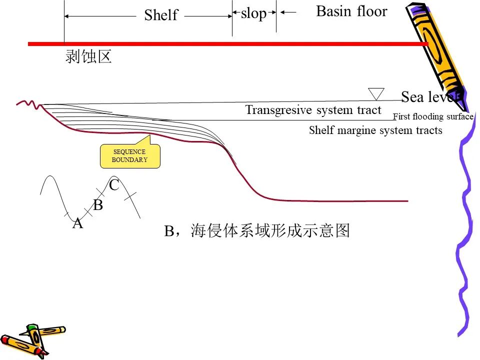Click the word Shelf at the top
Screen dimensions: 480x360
click(161, 14)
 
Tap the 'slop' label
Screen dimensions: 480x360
click(254, 14)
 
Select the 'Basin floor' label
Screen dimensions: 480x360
click(351, 11)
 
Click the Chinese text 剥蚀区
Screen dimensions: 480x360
click(88, 56)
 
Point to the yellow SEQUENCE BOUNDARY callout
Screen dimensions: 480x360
click(130, 155)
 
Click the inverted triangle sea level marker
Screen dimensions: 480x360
click(376, 93)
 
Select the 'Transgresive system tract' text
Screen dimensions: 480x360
click(313, 110)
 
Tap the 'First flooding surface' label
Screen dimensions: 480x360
click(433, 116)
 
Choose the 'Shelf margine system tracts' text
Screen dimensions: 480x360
click(375, 130)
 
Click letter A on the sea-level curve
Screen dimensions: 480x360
click(78, 223)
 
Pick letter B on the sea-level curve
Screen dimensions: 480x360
click(98, 205)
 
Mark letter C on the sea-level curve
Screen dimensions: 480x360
click(114, 185)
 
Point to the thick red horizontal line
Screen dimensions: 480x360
click(228, 44)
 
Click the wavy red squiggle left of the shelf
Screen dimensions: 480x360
click(29, 104)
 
